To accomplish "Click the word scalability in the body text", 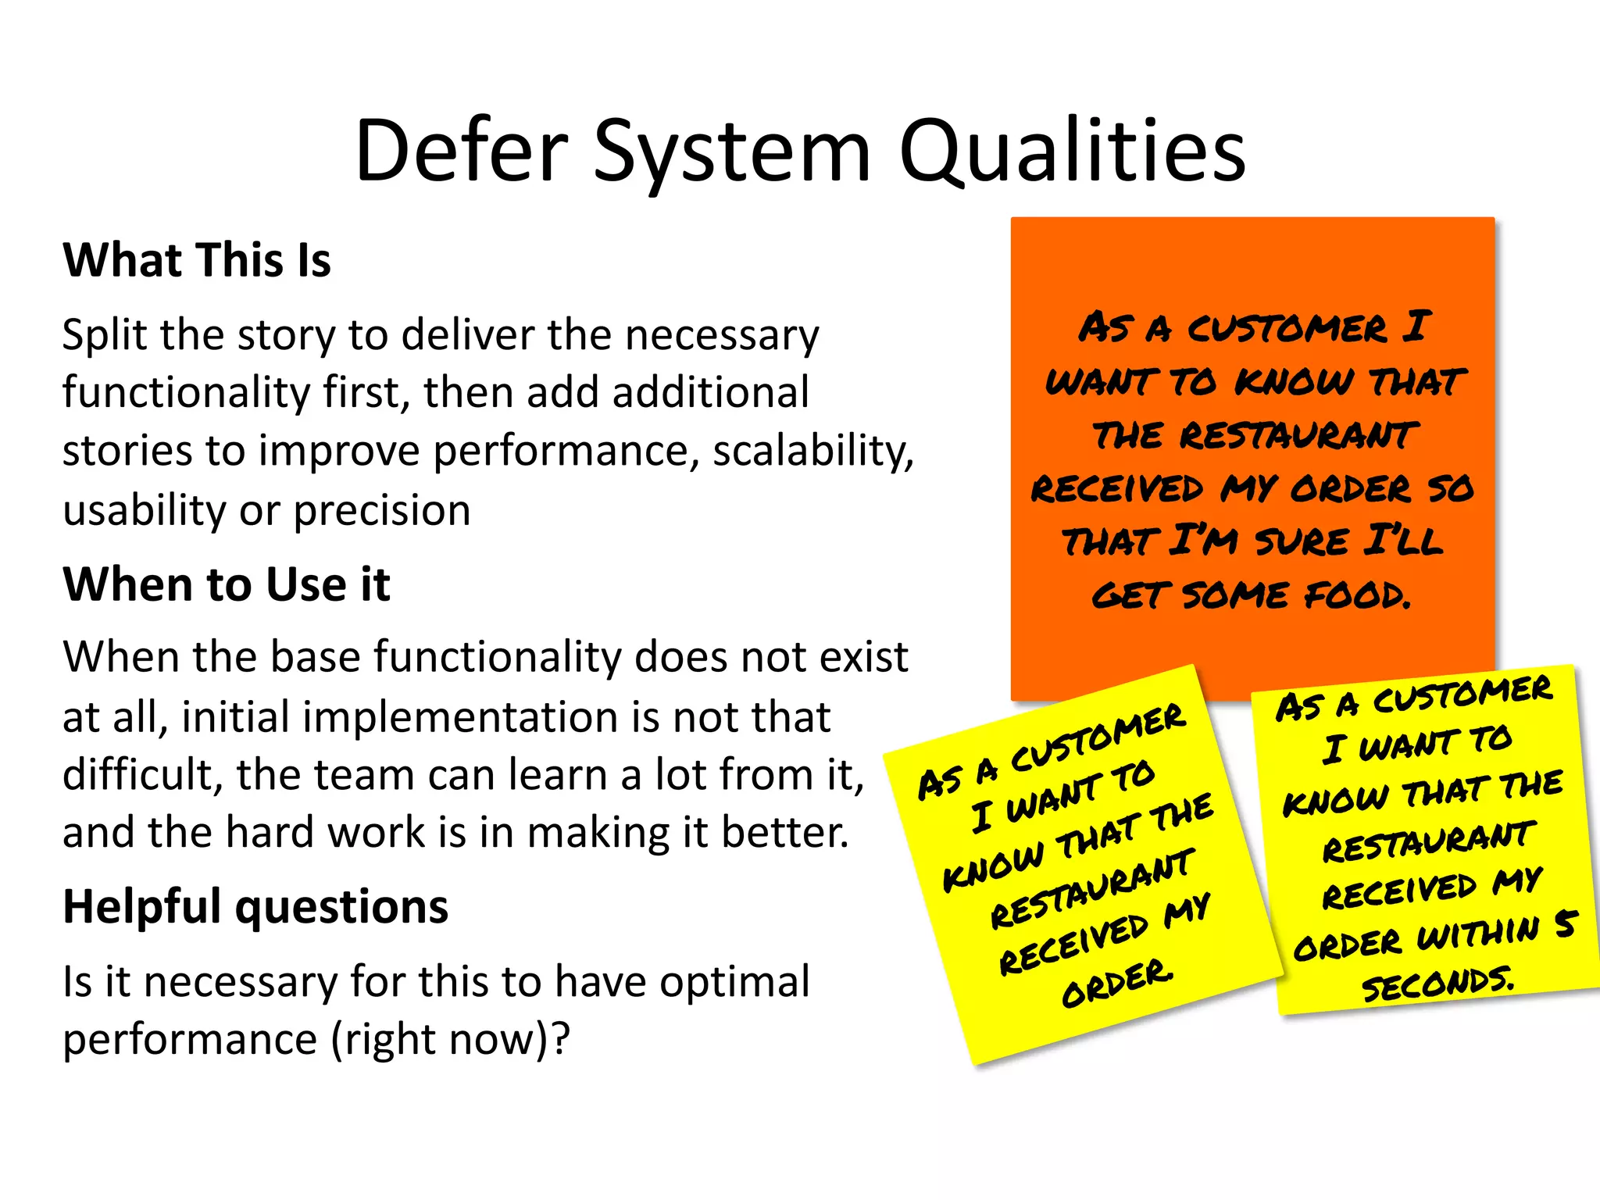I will click(812, 452).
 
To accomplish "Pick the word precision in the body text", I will click(382, 511).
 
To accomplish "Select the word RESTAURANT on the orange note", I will click(1298, 435).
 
